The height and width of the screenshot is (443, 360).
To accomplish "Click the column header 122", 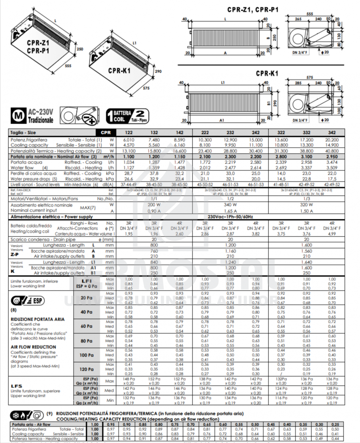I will (129, 132).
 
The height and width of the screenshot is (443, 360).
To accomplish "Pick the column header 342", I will (332, 132).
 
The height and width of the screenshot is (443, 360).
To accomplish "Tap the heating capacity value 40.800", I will (332, 151).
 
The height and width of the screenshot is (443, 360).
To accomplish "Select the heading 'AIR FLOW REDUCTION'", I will (34, 347).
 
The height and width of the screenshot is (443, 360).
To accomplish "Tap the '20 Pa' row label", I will (87, 298).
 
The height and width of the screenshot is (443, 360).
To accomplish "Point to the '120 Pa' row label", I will (87, 369).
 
